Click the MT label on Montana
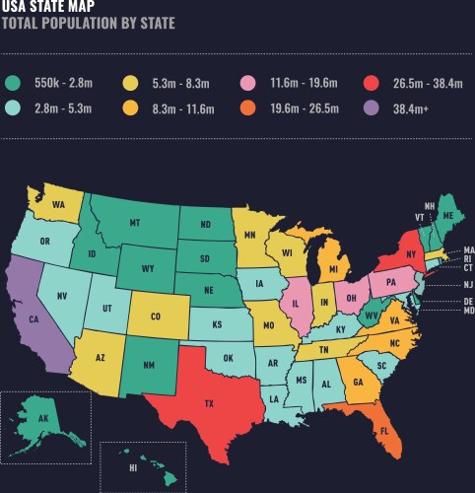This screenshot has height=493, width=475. (135, 224)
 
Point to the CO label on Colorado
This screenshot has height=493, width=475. (155, 317)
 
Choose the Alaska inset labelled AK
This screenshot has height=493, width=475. (42, 419)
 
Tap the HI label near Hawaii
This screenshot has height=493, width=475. (132, 469)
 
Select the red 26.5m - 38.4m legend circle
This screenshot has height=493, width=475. (367, 84)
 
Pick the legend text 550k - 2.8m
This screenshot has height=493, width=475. (64, 84)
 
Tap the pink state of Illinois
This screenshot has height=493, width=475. (294, 300)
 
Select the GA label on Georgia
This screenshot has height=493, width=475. (358, 383)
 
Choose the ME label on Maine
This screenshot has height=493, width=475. (448, 215)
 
